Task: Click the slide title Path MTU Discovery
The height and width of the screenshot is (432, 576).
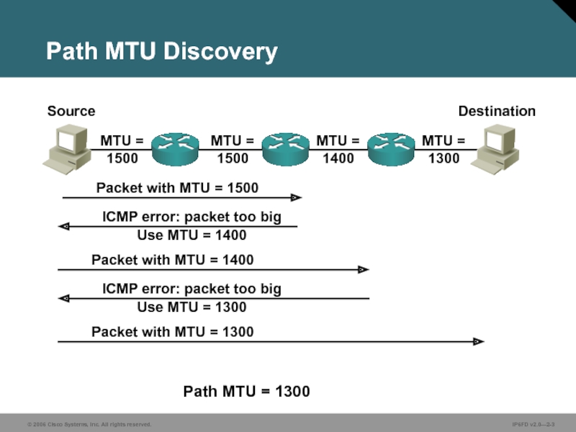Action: pos(161,52)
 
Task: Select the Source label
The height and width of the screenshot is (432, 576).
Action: pos(71,111)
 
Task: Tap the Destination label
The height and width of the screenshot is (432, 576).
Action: pos(497,111)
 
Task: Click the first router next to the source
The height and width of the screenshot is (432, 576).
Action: pos(176,148)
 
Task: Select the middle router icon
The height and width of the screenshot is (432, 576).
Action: pos(285,148)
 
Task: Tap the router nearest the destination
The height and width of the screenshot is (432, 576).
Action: pos(390,148)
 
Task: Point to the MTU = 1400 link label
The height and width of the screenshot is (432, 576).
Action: pos(338,149)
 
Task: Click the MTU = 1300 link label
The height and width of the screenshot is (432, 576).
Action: pos(444,149)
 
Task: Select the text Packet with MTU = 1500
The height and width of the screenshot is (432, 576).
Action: pos(177,188)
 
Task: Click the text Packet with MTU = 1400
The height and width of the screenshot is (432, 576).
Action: pos(173,259)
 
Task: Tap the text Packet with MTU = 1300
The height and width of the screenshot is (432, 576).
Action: pos(173,332)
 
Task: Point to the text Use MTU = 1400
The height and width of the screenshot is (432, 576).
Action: pos(192,235)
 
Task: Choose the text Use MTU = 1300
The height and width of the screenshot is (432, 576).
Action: pos(192,307)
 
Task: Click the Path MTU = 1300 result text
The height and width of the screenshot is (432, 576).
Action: pos(246,392)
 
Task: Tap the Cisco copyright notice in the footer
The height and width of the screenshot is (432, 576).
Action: pos(89,425)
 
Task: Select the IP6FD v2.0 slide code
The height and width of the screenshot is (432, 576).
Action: pos(533,425)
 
